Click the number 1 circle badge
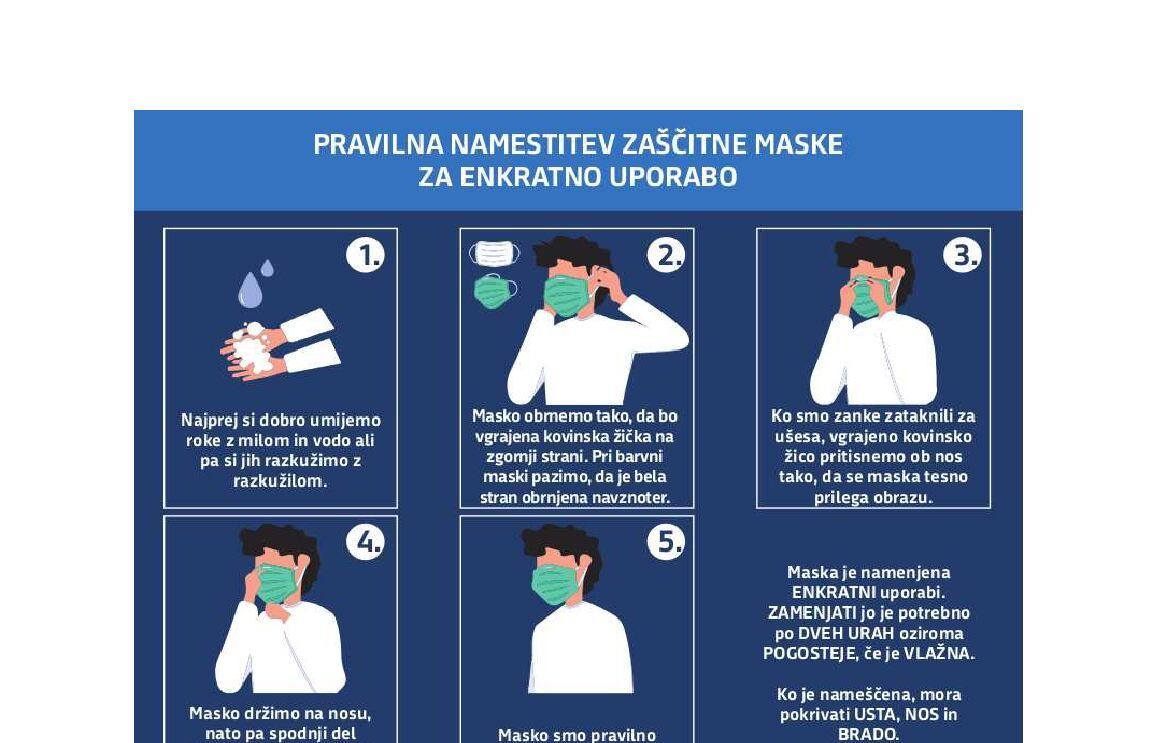(x=365, y=255)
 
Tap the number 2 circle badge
(x=666, y=255)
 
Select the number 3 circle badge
(x=962, y=255)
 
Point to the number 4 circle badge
(x=365, y=542)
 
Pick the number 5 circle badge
(x=666, y=542)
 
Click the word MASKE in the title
(x=798, y=145)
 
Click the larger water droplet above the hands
(x=249, y=289)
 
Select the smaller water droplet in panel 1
(x=267, y=268)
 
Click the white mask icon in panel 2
(x=494, y=253)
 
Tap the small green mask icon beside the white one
(x=495, y=291)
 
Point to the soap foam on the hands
(x=252, y=347)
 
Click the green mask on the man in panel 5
(x=556, y=584)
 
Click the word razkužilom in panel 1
(x=280, y=481)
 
